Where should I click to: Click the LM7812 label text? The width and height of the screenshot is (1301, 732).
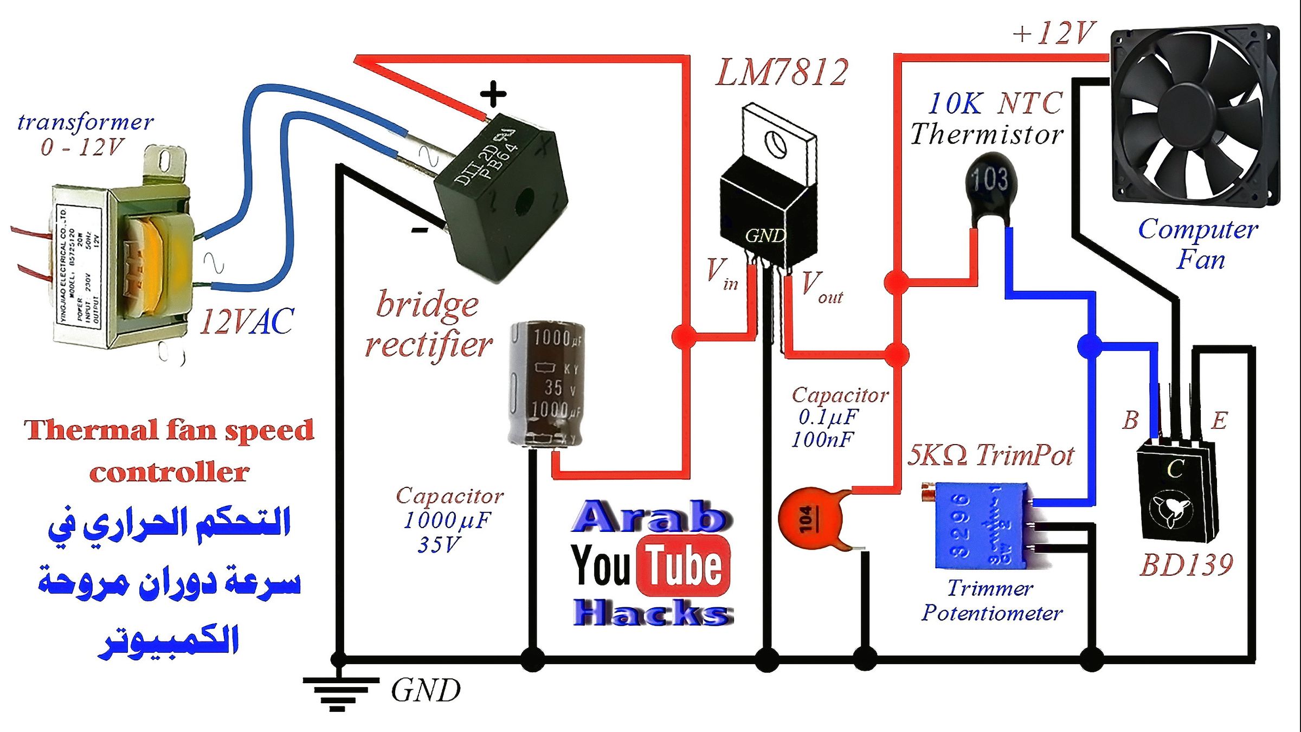coord(782,73)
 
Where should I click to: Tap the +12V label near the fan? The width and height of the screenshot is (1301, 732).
coord(1054,34)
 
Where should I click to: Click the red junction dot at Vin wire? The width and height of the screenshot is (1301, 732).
coord(684,336)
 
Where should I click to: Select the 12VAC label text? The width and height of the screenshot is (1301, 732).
coord(247,322)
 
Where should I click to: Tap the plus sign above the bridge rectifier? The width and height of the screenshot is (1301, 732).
coord(493,94)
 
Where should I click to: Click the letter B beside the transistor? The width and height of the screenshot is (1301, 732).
coord(1130,421)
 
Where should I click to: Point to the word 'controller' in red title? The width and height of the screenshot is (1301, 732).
coord(169,473)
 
